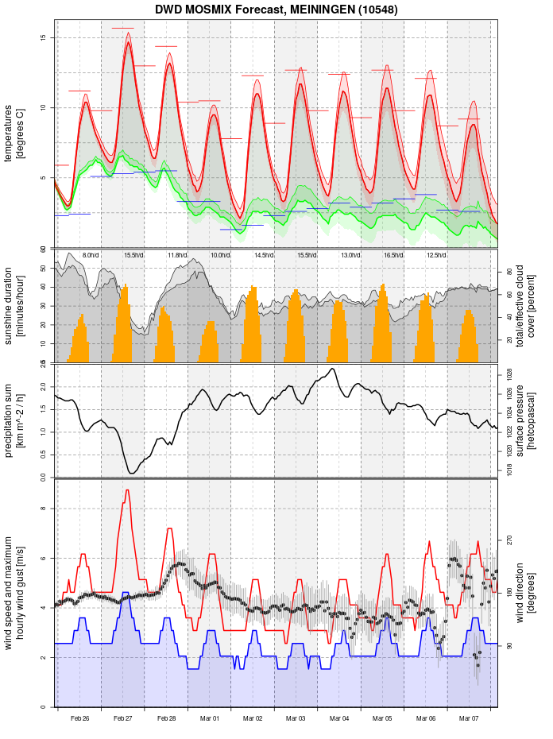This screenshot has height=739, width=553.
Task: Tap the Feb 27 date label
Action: coord(123,718)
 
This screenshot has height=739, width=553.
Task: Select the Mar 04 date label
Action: coord(339,718)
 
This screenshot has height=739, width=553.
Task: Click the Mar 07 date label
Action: coord(469,718)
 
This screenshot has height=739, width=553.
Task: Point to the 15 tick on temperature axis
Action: coord(43,38)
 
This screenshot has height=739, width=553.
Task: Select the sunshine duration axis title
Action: coord(14,307)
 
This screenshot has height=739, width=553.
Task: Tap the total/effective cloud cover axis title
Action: coord(525,307)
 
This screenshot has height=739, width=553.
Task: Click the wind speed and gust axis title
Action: coord(14,593)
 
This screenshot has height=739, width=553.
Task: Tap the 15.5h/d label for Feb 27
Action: coord(133,255)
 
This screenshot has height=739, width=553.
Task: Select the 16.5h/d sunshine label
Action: coord(393,255)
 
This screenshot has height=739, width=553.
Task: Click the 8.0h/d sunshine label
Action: coord(90,255)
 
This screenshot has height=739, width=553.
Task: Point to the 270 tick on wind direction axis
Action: coord(509,540)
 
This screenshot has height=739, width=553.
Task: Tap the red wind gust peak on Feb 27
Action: coord(127,491)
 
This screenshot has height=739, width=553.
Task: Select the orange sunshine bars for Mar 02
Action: coord(253,326)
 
